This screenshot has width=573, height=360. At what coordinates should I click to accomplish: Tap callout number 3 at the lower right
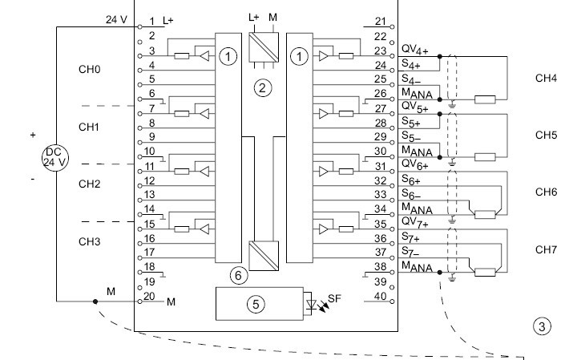[542, 326]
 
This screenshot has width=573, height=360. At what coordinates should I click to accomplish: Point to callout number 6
[237, 275]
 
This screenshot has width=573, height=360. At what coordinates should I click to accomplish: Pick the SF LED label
[333, 298]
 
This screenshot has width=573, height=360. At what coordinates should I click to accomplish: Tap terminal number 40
[380, 296]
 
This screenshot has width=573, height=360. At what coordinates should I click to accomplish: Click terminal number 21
[380, 22]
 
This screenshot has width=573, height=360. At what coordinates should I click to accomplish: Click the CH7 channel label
[546, 250]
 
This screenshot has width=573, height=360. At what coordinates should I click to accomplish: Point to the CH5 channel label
[546, 136]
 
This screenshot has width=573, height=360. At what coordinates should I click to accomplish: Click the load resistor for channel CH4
[483, 99]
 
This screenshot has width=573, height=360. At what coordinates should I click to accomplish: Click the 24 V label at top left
[116, 18]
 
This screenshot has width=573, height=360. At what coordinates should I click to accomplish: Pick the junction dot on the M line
[95, 301]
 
